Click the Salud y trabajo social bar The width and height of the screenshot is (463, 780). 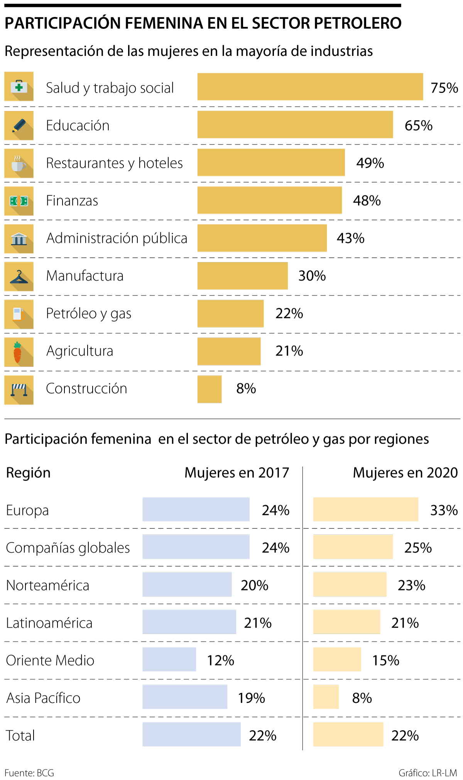[310, 87]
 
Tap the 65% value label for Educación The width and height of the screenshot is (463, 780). [418, 125]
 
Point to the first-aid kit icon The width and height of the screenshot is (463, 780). [19, 86]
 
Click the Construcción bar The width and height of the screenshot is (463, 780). [210, 389]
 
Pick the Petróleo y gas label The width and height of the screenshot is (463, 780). [88, 314]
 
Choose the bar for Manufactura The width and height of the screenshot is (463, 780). [242, 276]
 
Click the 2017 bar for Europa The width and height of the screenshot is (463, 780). [196, 509]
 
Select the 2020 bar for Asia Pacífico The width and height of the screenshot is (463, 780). [326, 697]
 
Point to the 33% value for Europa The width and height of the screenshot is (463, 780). [444, 510]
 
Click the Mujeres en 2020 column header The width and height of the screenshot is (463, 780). [405, 472]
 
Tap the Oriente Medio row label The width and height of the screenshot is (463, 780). [50, 660]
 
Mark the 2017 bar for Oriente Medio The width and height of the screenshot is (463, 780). [169, 659]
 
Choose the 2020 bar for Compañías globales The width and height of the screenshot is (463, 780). [353, 547]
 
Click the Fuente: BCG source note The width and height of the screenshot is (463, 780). [29, 773]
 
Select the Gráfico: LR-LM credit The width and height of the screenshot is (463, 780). [428, 773]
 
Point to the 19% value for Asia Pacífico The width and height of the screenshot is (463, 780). [251, 698]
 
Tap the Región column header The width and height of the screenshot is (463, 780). [28, 472]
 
